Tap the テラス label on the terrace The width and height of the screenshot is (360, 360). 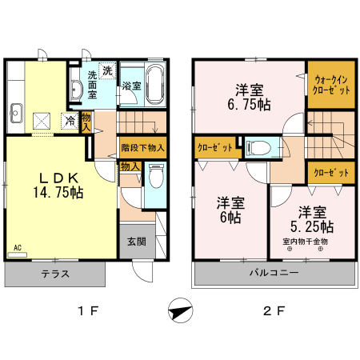pyautogui.click(x=54, y=274)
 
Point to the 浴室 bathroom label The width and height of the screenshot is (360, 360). pyautogui.click(x=131, y=86)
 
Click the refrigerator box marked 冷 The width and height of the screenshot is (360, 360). pyautogui.click(x=70, y=122)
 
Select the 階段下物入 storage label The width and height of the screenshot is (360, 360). pyautogui.click(x=143, y=148)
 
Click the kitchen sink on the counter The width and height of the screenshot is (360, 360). pyautogui.click(x=14, y=111)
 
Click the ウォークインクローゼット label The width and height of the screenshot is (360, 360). pyautogui.click(x=330, y=86)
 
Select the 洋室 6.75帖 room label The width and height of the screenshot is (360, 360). pyautogui.click(x=250, y=97)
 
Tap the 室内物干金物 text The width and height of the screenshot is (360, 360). pyautogui.click(x=305, y=241)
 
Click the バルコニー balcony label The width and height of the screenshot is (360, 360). pyautogui.click(x=273, y=274)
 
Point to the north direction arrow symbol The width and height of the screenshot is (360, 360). pyautogui.click(x=182, y=310)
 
